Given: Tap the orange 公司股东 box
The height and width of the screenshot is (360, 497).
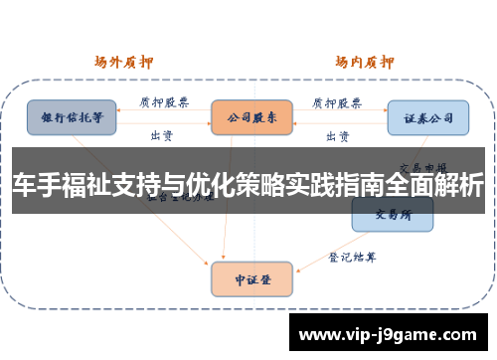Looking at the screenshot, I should coord(251,116).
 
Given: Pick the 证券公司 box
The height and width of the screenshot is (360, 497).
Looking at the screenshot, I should coord(427,116).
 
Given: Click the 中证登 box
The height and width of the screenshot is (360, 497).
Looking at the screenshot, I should coord(251,279).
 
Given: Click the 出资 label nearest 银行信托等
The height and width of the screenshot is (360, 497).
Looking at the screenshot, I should coord(159,134).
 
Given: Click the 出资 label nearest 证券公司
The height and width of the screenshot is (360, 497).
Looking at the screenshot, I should coord(337,134).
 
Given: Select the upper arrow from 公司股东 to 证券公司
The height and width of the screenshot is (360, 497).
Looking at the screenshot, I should coord(338,112).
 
